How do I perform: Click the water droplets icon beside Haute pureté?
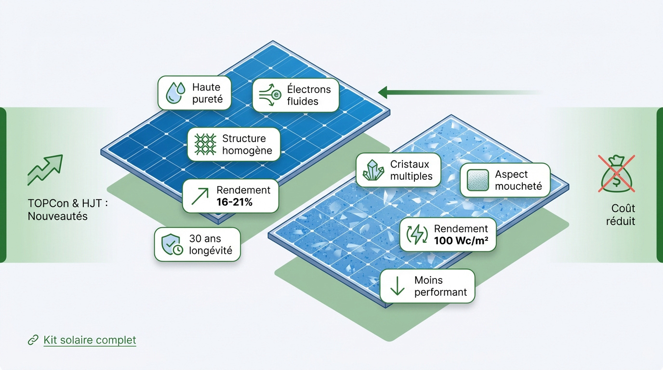(175, 93)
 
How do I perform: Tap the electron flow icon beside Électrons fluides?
(270, 95)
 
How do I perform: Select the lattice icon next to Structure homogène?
(205, 145)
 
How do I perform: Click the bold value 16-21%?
(235, 202)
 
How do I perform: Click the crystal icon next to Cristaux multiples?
(373, 170)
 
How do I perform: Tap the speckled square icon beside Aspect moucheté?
(477, 180)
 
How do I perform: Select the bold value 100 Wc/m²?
(461, 241)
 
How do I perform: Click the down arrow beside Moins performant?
(397, 286)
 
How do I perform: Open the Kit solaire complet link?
(90, 340)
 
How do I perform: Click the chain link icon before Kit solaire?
(33, 340)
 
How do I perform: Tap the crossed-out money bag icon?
(617, 173)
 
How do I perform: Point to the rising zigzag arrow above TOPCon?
(45, 170)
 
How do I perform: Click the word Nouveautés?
(57, 216)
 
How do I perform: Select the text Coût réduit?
(621, 214)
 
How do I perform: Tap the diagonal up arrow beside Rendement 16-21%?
(200, 196)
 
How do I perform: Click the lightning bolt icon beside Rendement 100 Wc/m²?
(417, 235)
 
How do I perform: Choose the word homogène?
(247, 151)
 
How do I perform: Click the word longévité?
(211, 251)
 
